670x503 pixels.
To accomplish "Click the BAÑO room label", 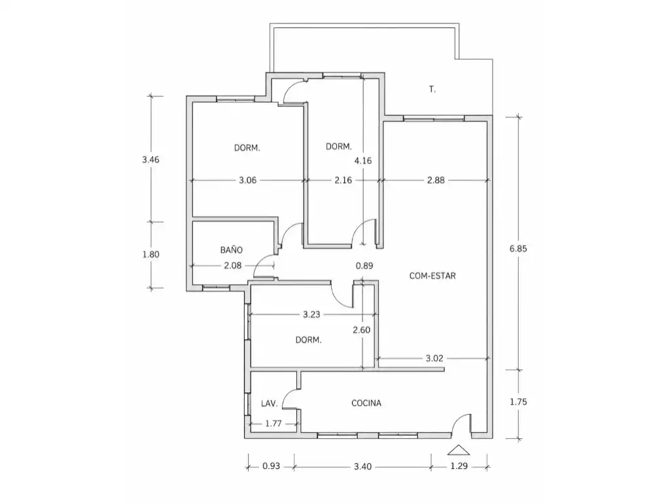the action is [232, 250].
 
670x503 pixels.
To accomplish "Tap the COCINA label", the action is [366, 403].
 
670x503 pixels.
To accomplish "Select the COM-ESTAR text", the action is [432, 276].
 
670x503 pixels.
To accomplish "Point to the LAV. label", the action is [269, 403].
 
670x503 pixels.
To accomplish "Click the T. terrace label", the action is [432, 89].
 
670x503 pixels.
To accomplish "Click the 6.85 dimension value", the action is [518, 248].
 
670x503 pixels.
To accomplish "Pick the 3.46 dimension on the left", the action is [151, 160].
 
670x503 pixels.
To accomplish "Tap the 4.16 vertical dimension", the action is [363, 161].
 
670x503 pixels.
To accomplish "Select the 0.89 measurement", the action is [364, 266].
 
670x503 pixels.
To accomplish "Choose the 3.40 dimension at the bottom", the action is [362, 466].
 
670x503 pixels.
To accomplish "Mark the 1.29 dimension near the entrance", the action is [459, 466].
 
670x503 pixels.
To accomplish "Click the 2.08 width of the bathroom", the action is [233, 266].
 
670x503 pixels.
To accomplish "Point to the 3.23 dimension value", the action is [311, 315].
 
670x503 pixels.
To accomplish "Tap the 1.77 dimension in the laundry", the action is [273, 424].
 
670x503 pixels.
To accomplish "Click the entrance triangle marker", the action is [459, 450].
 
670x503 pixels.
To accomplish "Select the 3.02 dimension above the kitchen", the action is [434, 358].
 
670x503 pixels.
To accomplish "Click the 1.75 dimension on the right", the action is [518, 402].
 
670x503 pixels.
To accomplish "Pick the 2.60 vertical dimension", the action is [361, 330].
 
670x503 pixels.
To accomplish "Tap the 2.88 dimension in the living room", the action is [436, 181].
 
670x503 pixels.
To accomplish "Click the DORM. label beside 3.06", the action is [247, 148].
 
